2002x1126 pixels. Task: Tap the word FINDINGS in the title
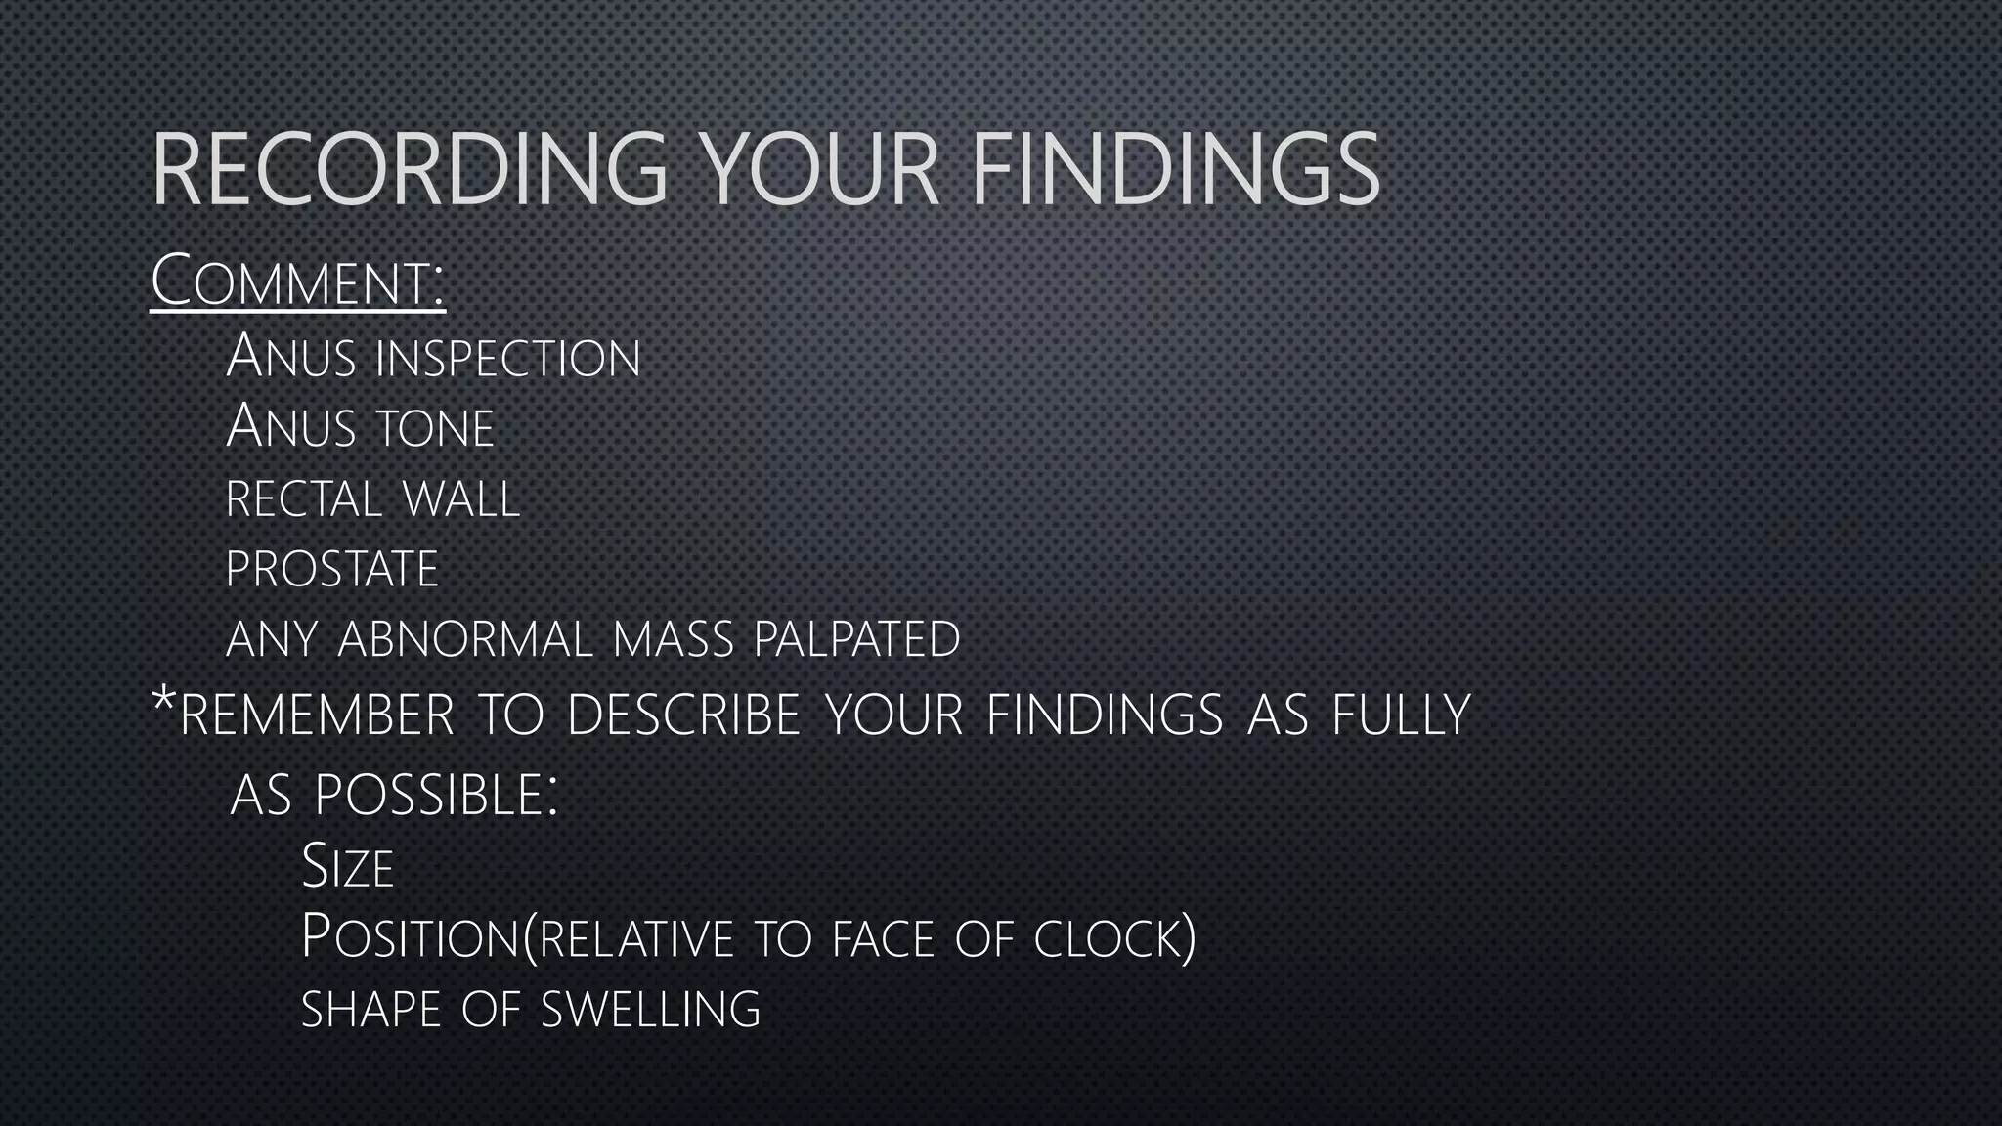click(1175, 171)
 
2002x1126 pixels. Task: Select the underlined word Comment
click(297, 281)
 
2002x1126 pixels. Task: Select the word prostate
click(332, 570)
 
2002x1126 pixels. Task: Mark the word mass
click(674, 640)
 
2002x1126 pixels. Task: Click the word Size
click(348, 867)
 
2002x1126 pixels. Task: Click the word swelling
click(651, 1009)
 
